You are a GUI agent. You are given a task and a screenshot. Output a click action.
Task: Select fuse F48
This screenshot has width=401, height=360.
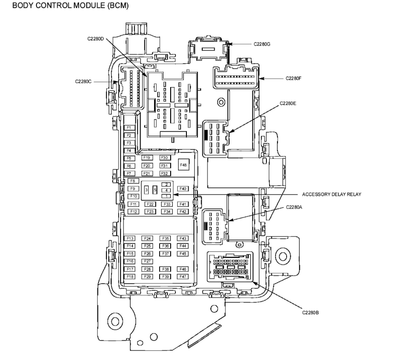(x=183, y=165)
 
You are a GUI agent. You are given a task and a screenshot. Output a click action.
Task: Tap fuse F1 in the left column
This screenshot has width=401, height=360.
(x=129, y=127)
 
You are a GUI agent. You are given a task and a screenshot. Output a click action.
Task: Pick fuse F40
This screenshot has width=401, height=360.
(x=183, y=189)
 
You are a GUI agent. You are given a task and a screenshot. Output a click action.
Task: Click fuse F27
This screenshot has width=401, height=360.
(x=147, y=261)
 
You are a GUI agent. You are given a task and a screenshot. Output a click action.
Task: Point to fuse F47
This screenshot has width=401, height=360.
(x=183, y=276)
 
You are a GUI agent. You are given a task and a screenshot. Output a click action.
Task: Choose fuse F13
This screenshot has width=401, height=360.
(x=130, y=238)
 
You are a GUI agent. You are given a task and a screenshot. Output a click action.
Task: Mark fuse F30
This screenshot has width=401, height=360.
(x=165, y=157)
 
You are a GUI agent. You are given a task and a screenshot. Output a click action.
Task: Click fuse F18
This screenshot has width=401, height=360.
(x=130, y=276)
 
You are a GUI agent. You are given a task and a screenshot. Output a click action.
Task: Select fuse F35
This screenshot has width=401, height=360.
(x=165, y=238)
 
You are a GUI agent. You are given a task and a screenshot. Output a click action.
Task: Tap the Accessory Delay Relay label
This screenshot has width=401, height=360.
(x=332, y=194)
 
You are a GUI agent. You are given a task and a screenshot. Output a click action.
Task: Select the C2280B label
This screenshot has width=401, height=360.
(x=310, y=312)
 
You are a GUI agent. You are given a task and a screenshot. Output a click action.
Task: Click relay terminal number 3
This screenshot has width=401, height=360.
(x=146, y=189)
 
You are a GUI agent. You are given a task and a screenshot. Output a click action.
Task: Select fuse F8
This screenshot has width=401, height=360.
(x=133, y=181)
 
